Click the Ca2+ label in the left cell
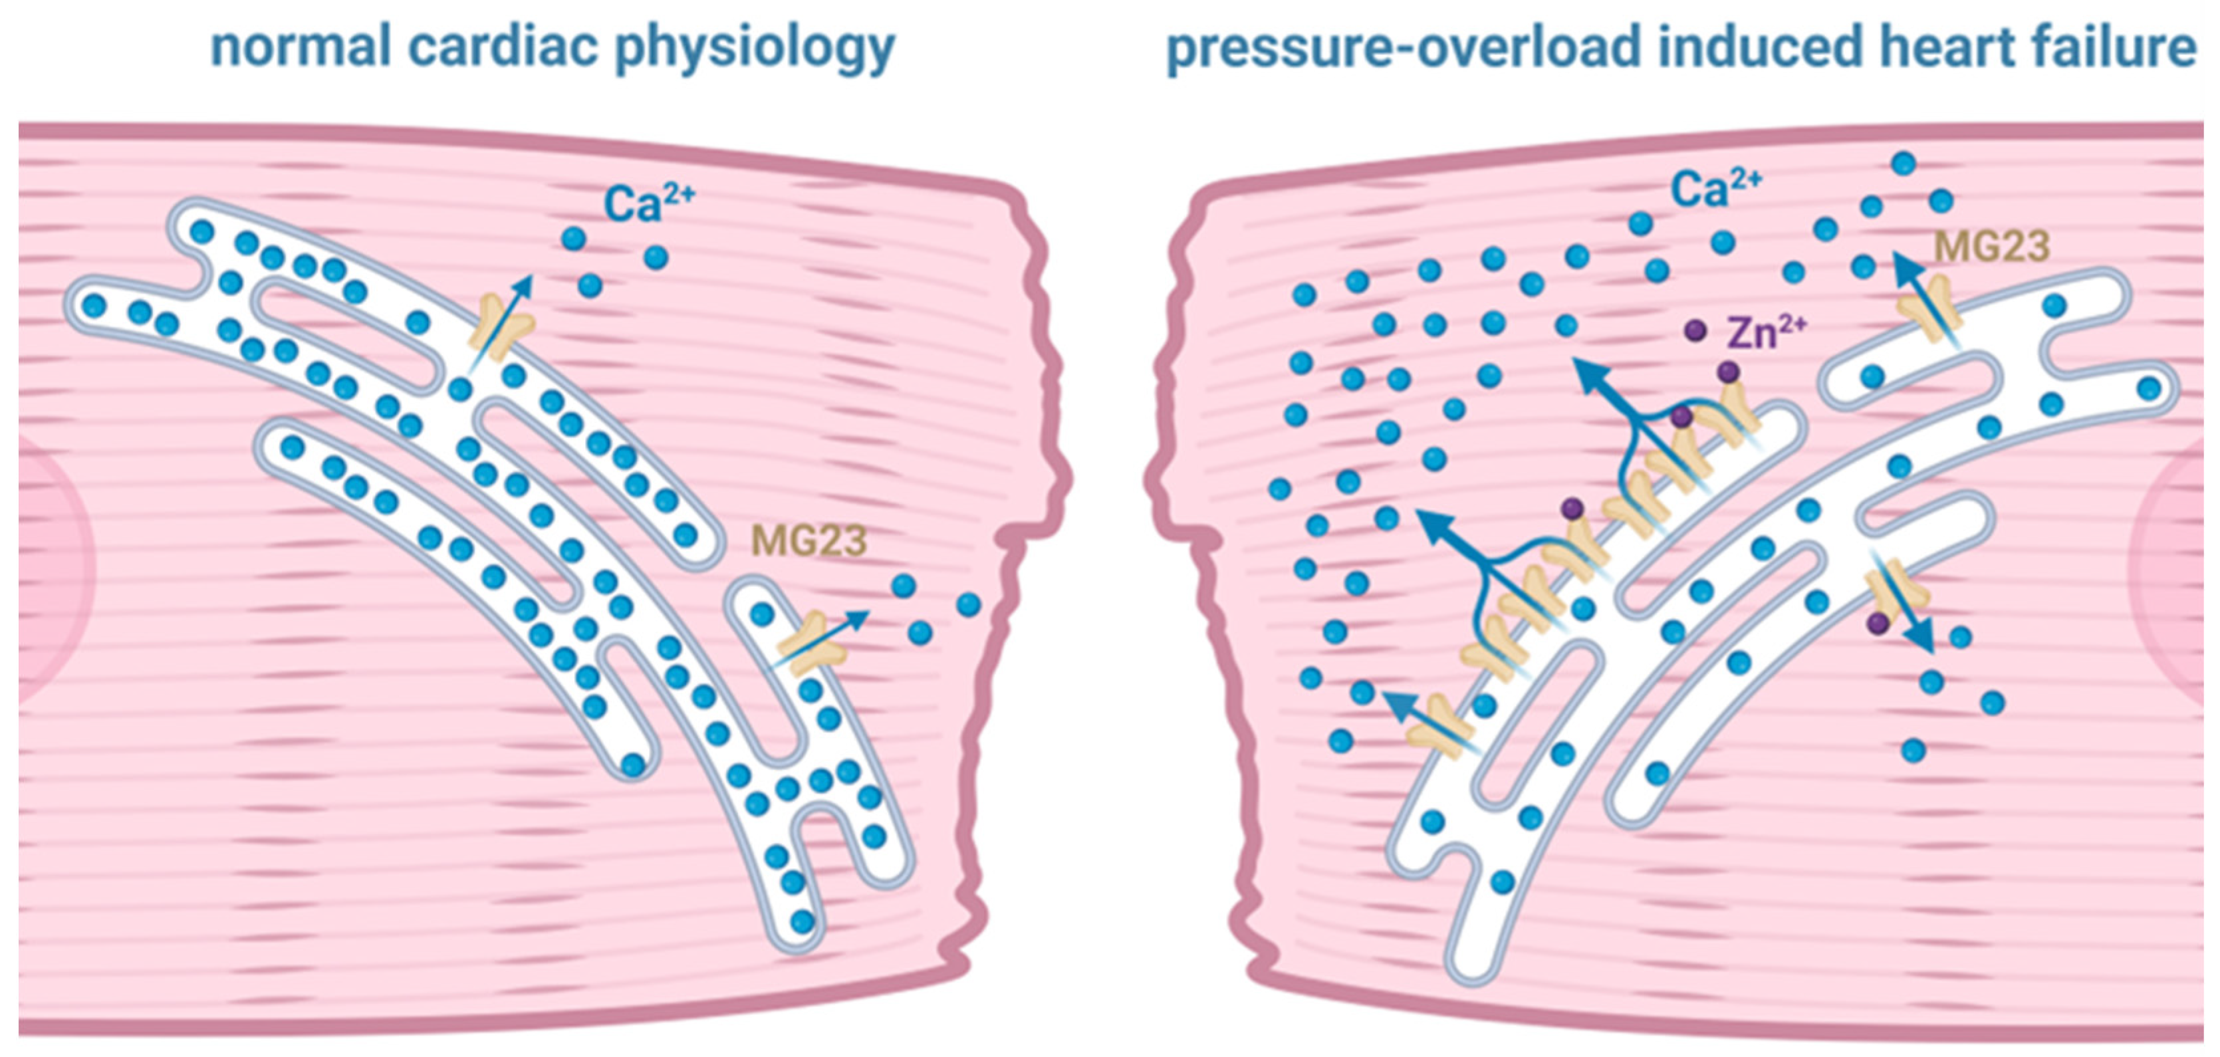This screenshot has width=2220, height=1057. (648, 204)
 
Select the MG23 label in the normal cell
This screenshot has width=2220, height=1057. (808, 541)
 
